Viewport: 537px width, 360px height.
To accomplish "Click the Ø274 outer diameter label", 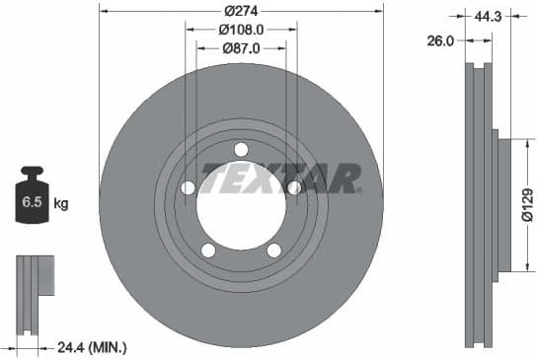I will (x=241, y=11).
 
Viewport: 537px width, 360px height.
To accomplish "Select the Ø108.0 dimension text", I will (x=241, y=29).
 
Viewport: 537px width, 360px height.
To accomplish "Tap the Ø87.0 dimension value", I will (x=241, y=46).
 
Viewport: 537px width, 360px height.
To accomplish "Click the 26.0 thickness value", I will (x=441, y=40).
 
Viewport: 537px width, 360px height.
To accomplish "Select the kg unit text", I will (x=61, y=204).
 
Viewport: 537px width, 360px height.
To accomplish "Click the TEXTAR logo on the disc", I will (x=281, y=180).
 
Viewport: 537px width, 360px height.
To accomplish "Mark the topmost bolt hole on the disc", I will (x=241, y=149).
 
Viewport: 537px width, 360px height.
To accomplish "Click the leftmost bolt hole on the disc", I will (x=189, y=187).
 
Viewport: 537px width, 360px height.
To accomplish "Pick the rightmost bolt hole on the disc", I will (x=293, y=187).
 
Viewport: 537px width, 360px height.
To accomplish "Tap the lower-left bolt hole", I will (x=208, y=250).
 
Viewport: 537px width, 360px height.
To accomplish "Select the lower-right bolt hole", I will (x=273, y=250).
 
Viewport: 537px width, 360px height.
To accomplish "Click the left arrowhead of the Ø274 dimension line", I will (x=104, y=12).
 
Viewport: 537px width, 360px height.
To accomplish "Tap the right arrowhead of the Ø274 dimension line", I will (x=379, y=12).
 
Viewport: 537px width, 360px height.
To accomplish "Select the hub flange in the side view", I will (x=503, y=206).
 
